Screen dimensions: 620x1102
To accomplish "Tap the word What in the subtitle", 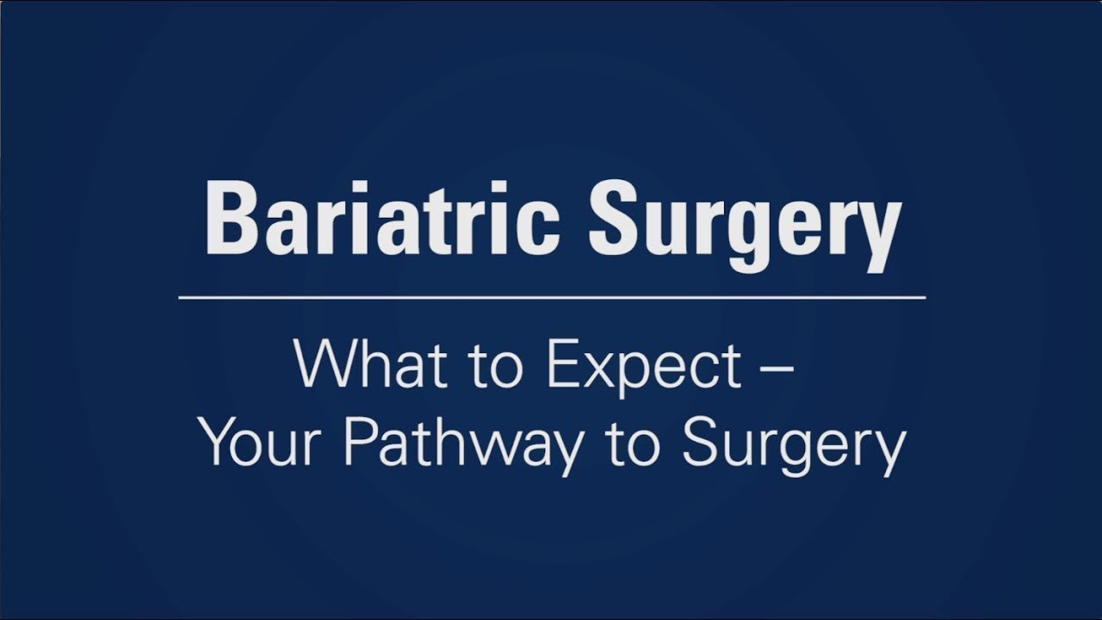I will (353, 365).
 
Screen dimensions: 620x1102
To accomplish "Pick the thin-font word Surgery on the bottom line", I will (792, 448).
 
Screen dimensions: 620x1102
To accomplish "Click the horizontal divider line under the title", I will (552, 298).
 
